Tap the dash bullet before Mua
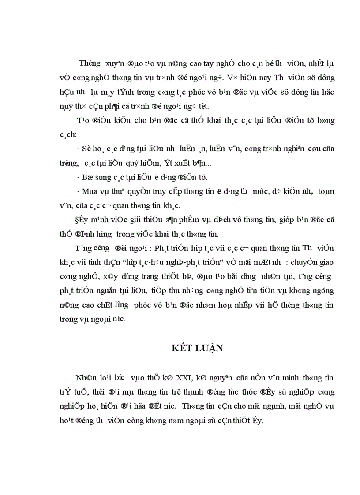[x=79, y=191]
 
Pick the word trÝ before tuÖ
[x=64, y=392]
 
